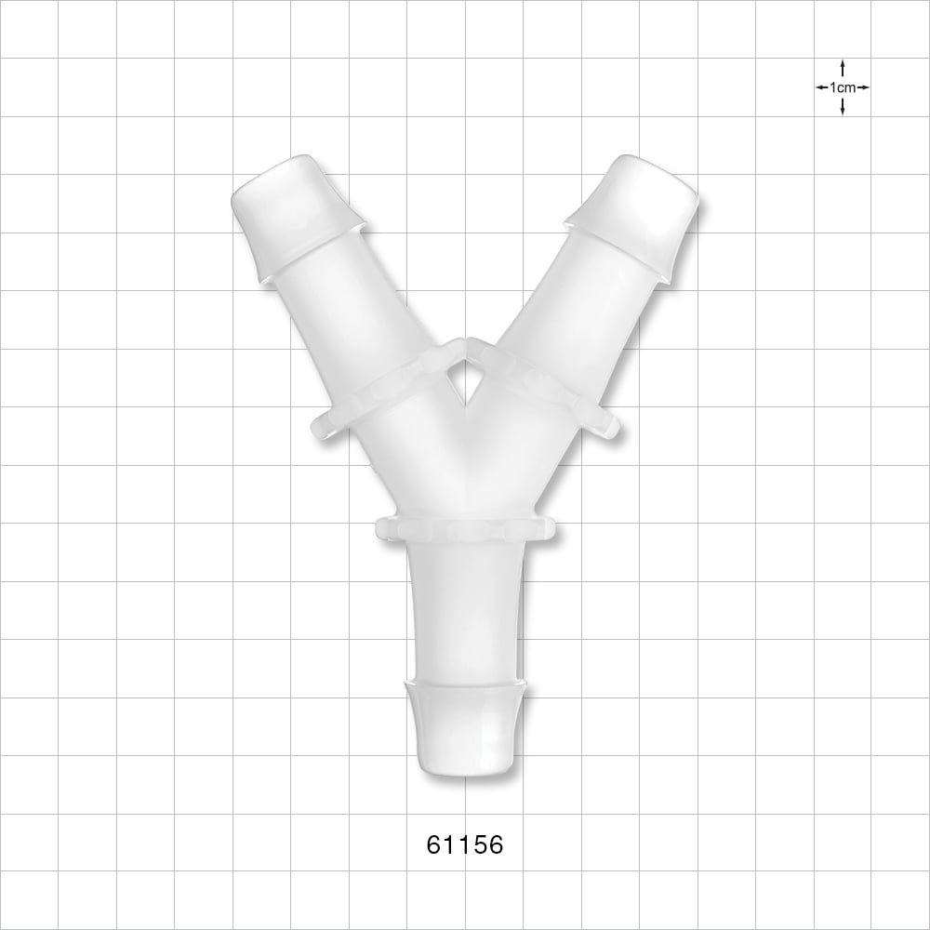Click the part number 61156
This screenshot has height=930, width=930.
click(464, 845)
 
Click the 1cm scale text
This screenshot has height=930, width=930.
click(843, 87)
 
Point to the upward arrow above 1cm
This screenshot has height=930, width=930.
click(843, 68)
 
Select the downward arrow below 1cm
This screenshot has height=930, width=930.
click(843, 107)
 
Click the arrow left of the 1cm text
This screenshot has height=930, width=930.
click(822, 87)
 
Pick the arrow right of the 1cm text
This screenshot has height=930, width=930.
click(863, 87)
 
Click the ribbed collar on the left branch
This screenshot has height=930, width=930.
click(372, 391)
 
